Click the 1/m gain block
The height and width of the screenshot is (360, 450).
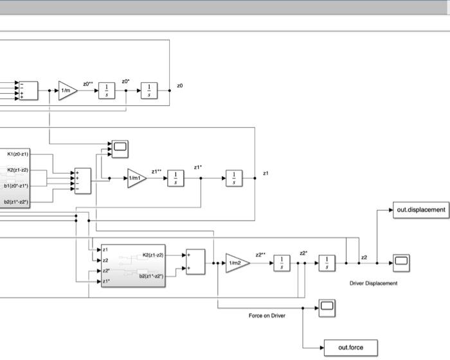(66, 91)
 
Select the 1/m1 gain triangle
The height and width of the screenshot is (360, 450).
(136, 178)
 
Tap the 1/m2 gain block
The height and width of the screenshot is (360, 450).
(236, 263)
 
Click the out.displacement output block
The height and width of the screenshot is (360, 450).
(420, 210)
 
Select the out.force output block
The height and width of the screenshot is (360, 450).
(350, 348)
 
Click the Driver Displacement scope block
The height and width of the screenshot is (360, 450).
(402, 260)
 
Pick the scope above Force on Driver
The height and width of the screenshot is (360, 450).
(327, 307)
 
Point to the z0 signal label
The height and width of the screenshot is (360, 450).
(180, 85)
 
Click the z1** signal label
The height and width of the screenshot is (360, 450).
(156, 172)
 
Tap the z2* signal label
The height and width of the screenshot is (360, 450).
(303, 253)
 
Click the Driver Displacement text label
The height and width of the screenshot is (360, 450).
(373, 283)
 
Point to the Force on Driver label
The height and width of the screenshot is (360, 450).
(267, 316)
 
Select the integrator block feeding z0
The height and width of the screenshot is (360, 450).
(149, 91)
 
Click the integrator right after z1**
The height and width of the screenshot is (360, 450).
(175, 178)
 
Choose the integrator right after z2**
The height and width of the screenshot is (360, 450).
(282, 263)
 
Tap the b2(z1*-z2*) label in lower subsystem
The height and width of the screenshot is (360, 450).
(152, 276)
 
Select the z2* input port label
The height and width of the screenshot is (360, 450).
(106, 271)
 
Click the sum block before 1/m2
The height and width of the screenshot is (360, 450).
(195, 262)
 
